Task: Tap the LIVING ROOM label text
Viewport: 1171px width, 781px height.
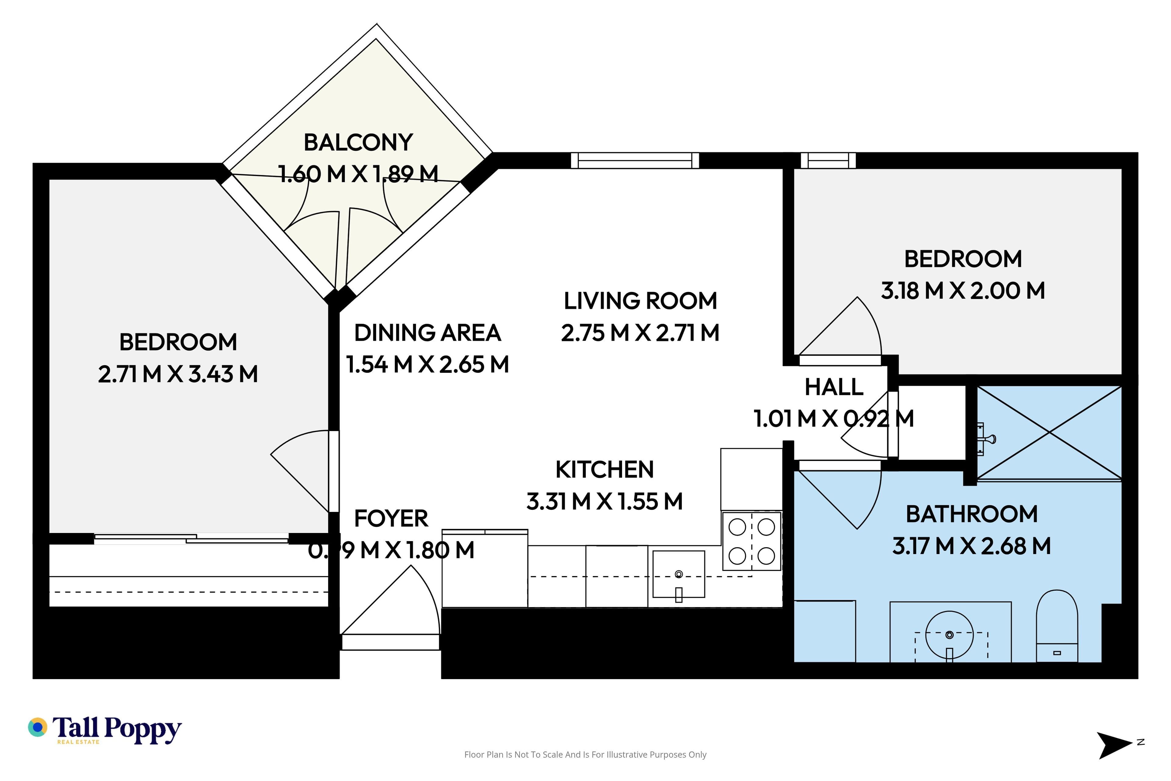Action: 640,301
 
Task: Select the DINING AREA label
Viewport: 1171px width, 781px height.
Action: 427,333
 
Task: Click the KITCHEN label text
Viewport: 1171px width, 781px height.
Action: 604,469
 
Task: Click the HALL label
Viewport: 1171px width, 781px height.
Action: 834,387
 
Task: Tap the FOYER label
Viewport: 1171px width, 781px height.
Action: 391,519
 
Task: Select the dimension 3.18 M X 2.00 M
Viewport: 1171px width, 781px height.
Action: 963,290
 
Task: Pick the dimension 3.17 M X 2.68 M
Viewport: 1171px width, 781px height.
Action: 971,546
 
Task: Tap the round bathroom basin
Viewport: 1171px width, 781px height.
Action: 949,635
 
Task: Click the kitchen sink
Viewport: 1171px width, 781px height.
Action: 679,574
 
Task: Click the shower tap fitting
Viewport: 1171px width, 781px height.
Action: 986,439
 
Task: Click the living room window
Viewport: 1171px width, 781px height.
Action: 635,160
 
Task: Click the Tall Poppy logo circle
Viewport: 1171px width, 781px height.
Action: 37,727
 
